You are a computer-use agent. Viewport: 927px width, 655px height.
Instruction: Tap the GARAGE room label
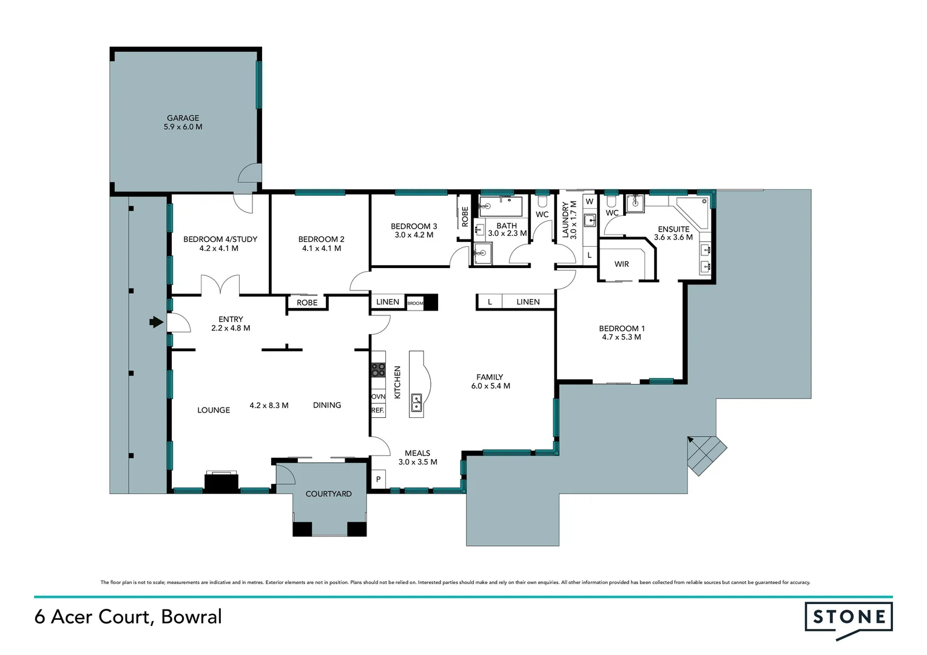pyautogui.click(x=183, y=118)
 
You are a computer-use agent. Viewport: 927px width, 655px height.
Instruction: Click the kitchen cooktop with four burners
pyautogui.click(x=378, y=369)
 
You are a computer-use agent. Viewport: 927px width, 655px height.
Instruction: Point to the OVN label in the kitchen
pyautogui.click(x=378, y=397)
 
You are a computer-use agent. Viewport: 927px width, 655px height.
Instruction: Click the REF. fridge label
pyautogui.click(x=377, y=411)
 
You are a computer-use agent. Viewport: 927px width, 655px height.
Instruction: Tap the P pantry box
pyautogui.click(x=378, y=479)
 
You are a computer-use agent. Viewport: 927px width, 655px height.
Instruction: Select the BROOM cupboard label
pyautogui.click(x=415, y=303)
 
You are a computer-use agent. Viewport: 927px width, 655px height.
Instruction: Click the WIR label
pyautogui.click(x=621, y=264)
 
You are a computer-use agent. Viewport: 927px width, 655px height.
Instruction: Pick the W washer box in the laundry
pyautogui.click(x=589, y=202)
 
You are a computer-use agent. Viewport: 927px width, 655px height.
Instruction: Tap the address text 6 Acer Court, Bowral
pyautogui.click(x=128, y=617)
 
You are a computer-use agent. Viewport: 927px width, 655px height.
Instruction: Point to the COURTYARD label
pyautogui.click(x=328, y=494)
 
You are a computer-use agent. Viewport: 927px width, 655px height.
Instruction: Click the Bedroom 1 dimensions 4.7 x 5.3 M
pyautogui.click(x=621, y=337)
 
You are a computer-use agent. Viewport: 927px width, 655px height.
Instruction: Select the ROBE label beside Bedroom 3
pyautogui.click(x=465, y=217)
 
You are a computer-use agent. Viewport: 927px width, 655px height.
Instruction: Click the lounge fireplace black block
pyautogui.click(x=221, y=482)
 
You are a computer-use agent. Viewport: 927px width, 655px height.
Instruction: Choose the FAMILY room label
pyautogui.click(x=490, y=377)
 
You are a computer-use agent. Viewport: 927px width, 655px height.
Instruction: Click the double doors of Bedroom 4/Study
pyautogui.click(x=220, y=285)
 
